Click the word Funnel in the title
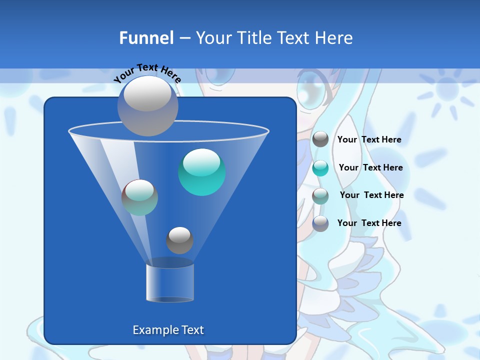tap(146, 38)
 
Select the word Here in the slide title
tap(336, 38)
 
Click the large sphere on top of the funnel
tap(148, 105)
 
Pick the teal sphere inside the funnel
tap(201, 172)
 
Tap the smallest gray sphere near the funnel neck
tap(179, 240)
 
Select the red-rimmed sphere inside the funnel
tap(139, 197)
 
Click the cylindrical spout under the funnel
tap(170, 283)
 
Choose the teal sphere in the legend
tap(320, 168)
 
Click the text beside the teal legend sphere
tap(370, 167)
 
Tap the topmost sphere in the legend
tap(320, 139)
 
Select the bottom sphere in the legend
tap(320, 223)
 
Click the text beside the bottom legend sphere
tap(369, 223)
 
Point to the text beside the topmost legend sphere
tap(369, 139)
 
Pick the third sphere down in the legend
tap(320, 195)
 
